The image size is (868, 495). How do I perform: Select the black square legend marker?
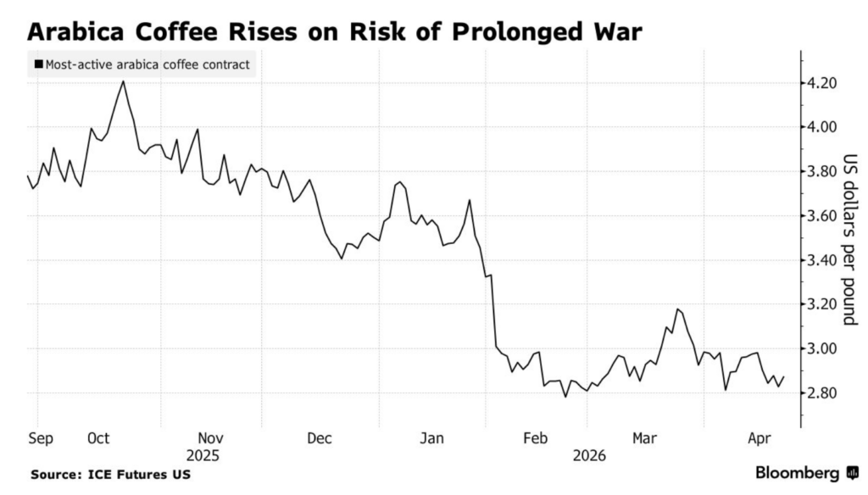coord(37,64)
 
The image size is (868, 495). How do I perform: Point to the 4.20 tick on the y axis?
coord(823,83)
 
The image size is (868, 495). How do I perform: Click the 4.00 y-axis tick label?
coord(823,127)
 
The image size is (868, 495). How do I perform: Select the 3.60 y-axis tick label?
coord(823,216)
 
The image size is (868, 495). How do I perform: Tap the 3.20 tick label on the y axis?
coord(823,304)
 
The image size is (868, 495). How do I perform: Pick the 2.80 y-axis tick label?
coord(823,393)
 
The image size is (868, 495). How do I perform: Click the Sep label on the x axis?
coord(40,438)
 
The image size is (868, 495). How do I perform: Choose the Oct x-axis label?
coord(98,438)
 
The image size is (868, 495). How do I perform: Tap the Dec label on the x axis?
coord(319,438)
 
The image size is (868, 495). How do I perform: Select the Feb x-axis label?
coord(534,438)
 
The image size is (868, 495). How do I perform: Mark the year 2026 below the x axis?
coord(589,455)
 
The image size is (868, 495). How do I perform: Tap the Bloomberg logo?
coord(806,472)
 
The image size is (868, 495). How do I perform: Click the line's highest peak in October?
coord(124,81)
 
